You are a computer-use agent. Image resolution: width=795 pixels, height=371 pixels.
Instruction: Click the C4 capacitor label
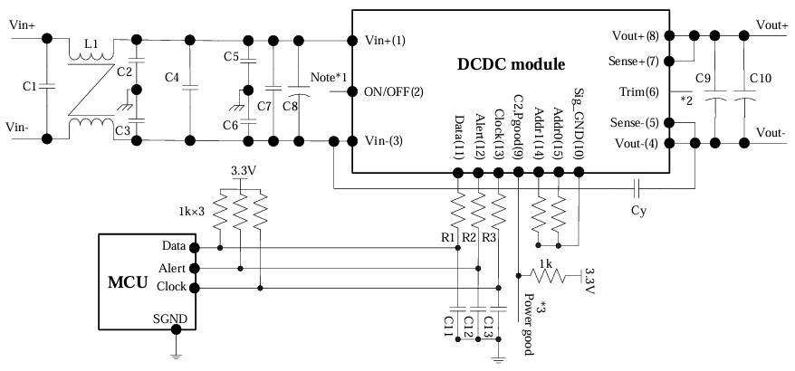tap(172, 78)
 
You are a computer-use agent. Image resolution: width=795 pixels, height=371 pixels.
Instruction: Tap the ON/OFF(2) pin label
tap(392, 91)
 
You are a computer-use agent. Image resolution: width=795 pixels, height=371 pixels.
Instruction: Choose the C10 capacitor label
tap(761, 80)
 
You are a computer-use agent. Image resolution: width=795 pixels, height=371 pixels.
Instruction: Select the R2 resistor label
tap(468, 237)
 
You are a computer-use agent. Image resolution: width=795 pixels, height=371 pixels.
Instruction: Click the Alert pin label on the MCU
tap(173, 268)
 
